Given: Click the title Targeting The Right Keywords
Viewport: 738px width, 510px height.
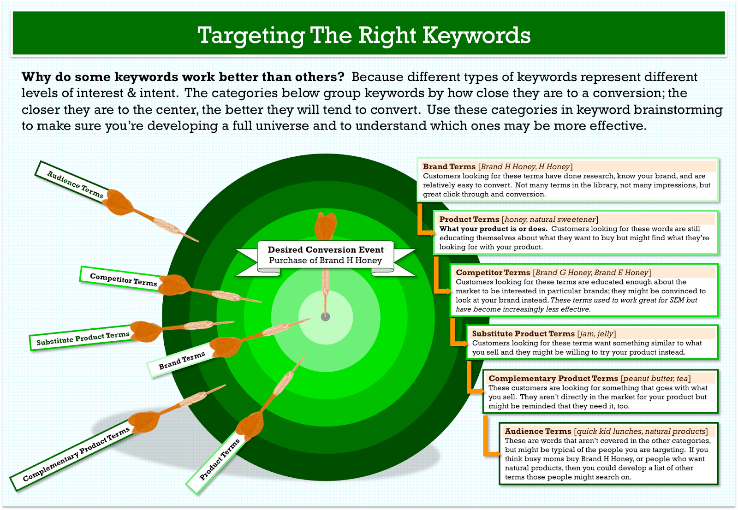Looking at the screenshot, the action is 364,35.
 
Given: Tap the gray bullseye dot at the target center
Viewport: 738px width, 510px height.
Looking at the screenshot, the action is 326,317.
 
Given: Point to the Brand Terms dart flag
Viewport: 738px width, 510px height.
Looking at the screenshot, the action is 182,360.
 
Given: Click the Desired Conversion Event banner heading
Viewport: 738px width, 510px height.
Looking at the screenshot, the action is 326,249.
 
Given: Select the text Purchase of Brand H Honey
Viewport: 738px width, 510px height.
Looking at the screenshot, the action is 326,260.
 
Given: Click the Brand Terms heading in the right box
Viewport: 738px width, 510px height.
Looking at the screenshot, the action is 449,166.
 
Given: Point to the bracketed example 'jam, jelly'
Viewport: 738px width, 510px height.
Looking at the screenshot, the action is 597,334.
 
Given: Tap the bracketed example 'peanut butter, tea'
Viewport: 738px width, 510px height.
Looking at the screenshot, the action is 655,378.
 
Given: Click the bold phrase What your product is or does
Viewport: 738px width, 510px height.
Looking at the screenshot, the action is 493,229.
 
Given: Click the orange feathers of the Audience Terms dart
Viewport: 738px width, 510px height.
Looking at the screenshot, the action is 119,202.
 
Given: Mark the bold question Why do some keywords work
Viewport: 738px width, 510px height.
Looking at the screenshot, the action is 183,77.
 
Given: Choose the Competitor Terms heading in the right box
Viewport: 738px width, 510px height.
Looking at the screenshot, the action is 493,273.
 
